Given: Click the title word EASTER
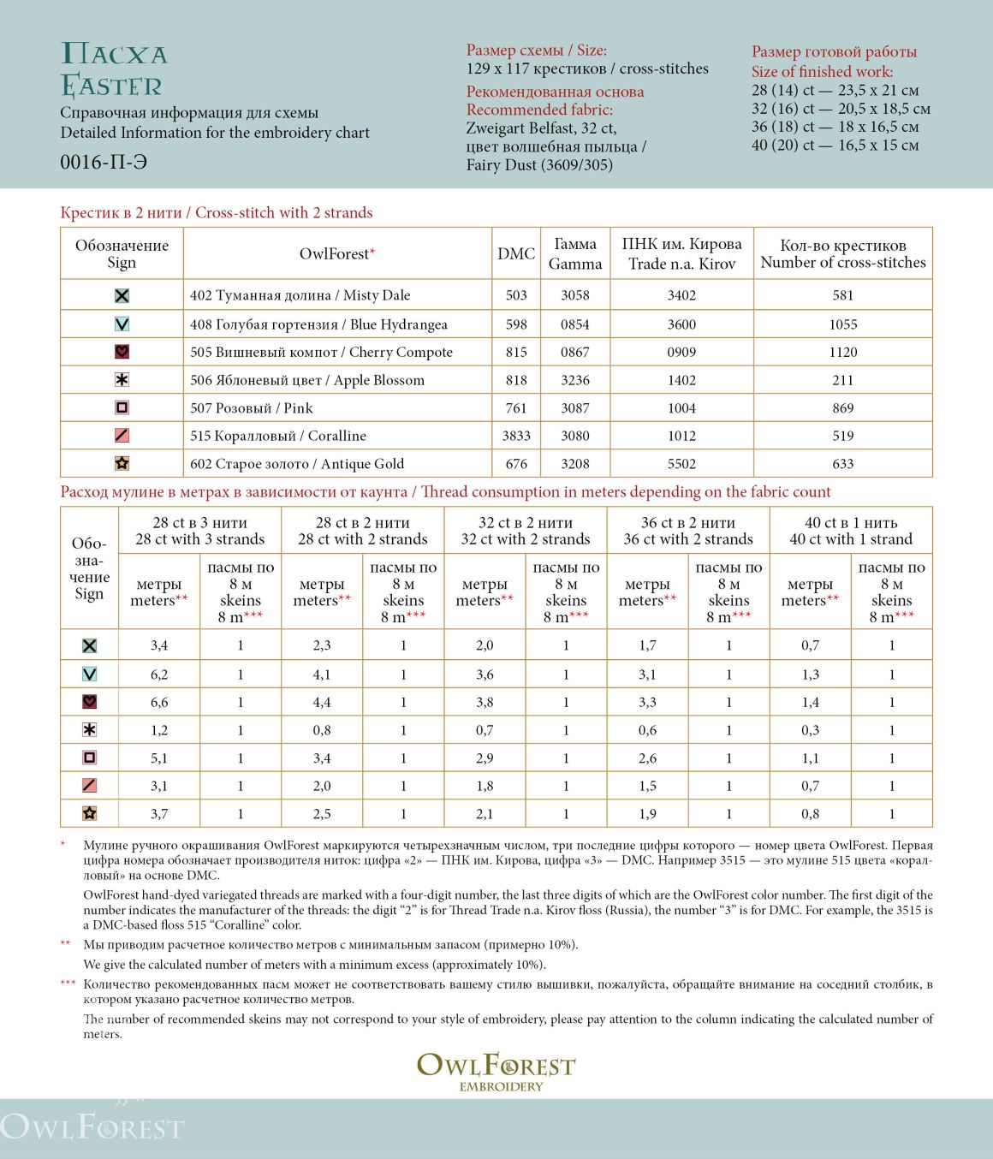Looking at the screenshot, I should pyautogui.click(x=111, y=86).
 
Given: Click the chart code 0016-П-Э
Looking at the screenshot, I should pyautogui.click(x=104, y=162).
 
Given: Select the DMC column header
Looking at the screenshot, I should pyautogui.click(x=516, y=253).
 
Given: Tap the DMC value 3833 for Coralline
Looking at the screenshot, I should pyautogui.click(x=516, y=436).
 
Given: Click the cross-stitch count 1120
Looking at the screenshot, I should pyautogui.click(x=842, y=352).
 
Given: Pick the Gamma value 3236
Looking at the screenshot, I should pyautogui.click(x=575, y=380).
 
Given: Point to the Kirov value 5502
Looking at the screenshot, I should pyautogui.click(x=681, y=463).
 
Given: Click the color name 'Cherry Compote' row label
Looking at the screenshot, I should pyautogui.click(x=321, y=352).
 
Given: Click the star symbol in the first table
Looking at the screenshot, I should pyautogui.click(x=122, y=463).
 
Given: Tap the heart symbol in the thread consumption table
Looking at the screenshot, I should pyautogui.click(x=89, y=702).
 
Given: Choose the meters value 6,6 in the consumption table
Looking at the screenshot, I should pyautogui.click(x=159, y=702).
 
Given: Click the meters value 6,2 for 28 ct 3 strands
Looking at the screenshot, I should pyautogui.click(x=159, y=675).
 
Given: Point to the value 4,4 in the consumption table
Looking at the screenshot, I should pyautogui.click(x=322, y=702).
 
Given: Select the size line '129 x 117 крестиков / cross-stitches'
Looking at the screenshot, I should pyautogui.click(x=587, y=68).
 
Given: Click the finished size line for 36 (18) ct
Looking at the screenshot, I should pyautogui.click(x=835, y=127).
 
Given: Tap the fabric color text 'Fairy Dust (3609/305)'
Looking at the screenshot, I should pyautogui.click(x=539, y=165).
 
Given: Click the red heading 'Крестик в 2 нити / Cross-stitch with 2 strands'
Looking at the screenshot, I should pyautogui.click(x=217, y=212).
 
